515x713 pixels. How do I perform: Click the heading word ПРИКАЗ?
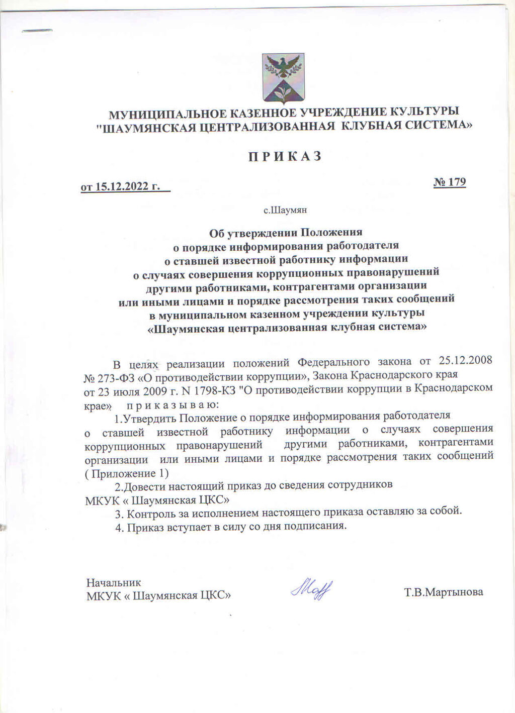pos(285,156)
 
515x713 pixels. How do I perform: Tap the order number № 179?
pos(450,181)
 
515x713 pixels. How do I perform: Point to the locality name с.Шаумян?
pos(285,210)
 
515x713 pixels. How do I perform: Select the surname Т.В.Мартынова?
pos(443,592)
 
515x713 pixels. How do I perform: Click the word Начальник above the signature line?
pos(114,583)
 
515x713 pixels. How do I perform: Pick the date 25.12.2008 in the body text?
pos(465,361)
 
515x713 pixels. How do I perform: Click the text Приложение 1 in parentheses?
pos(128,473)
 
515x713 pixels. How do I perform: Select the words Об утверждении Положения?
pos(286,233)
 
